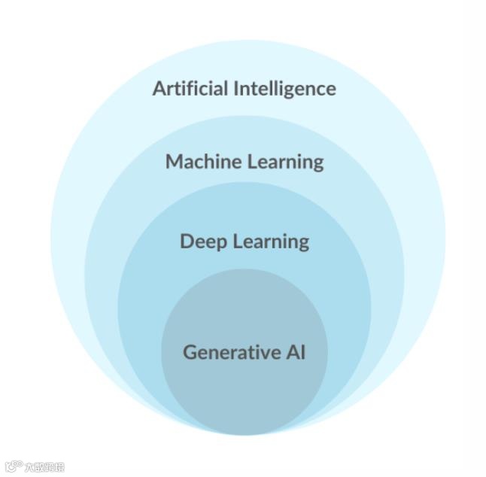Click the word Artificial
pos(190,88)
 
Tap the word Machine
pos(197,161)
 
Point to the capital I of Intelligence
pos(235,88)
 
